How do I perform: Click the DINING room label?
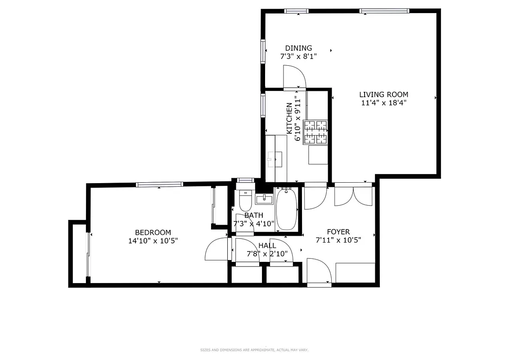tap(298, 48)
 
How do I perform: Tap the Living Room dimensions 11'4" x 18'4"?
tap(383, 103)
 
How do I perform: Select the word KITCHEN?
tap(289, 118)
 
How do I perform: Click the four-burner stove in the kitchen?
tap(315, 132)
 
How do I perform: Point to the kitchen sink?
tap(275, 159)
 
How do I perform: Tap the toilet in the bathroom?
tap(245, 201)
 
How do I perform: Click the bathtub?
tap(286, 209)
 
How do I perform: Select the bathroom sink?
tap(264, 199)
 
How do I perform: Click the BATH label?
tap(254, 216)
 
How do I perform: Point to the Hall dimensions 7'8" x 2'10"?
tap(267, 254)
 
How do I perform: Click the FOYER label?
tap(338, 232)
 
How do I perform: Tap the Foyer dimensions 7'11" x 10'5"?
tap(338, 240)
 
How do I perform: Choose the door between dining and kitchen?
tap(294, 77)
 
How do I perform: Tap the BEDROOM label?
tap(153, 232)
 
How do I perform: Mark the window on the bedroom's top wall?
tap(159, 184)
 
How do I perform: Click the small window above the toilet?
tap(246, 180)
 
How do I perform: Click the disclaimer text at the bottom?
tap(254, 350)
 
